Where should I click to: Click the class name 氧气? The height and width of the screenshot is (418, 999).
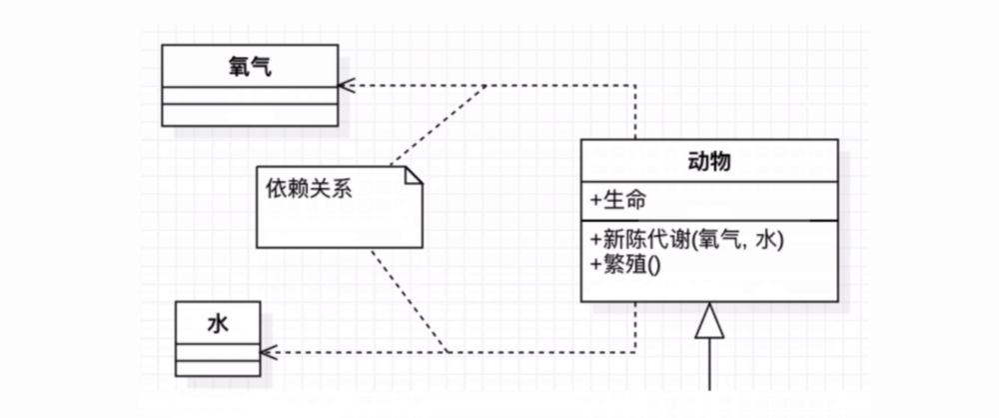[x=250, y=67]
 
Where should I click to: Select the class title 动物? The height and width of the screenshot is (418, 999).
[x=709, y=161]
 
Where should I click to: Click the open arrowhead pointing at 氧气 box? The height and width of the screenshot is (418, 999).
[x=346, y=85]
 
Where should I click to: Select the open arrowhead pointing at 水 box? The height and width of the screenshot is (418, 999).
[x=267, y=352]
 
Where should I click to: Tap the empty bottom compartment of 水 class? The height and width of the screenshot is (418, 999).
[x=219, y=367]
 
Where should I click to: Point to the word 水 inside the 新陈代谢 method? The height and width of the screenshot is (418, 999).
[x=765, y=240]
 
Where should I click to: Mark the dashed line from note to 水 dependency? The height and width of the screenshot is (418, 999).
[x=410, y=300]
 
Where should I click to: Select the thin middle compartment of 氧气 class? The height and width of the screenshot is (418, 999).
[x=250, y=95]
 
